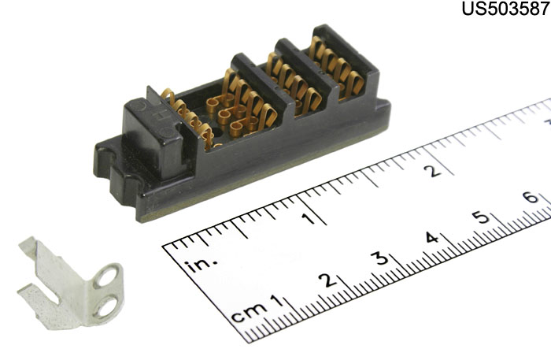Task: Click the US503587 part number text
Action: [505, 9]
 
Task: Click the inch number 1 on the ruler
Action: [309, 219]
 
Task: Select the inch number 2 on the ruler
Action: [432, 171]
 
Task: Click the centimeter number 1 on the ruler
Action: [276, 302]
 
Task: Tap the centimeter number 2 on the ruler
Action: [328, 280]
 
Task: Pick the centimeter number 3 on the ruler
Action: [381, 258]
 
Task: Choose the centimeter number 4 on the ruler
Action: [431, 238]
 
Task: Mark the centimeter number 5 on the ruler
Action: [482, 218]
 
